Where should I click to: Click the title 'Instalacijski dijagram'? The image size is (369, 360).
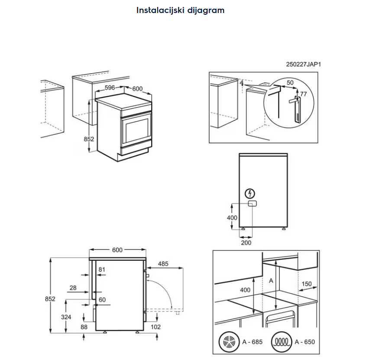pyautogui.click(x=180, y=10)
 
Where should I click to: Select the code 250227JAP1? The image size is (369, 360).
pyautogui.click(x=303, y=65)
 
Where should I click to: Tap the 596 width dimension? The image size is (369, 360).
pyautogui.click(x=109, y=88)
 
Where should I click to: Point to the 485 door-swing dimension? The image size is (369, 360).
pyautogui.click(x=163, y=263)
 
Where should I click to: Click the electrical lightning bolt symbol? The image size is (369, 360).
pyautogui.click(x=250, y=194)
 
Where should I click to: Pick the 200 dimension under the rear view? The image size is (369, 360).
pyautogui.click(x=246, y=243)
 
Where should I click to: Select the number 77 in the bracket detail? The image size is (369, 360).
pyautogui.click(x=303, y=94)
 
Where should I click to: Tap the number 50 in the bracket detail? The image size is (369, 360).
pyautogui.click(x=290, y=83)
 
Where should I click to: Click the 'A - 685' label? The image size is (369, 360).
pyautogui.click(x=252, y=342)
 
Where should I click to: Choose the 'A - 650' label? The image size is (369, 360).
pyautogui.click(x=304, y=342)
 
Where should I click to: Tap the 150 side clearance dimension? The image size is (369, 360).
pyautogui.click(x=306, y=284)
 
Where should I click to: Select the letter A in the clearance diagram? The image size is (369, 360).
pyautogui.click(x=271, y=280)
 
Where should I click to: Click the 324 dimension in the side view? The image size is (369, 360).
pyautogui.click(x=66, y=317)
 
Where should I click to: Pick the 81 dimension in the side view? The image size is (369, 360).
pyautogui.click(x=102, y=270)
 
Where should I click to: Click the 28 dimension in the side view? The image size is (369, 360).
pyautogui.click(x=73, y=288)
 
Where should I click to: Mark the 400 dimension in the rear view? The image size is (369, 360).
pyautogui.click(x=232, y=217)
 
